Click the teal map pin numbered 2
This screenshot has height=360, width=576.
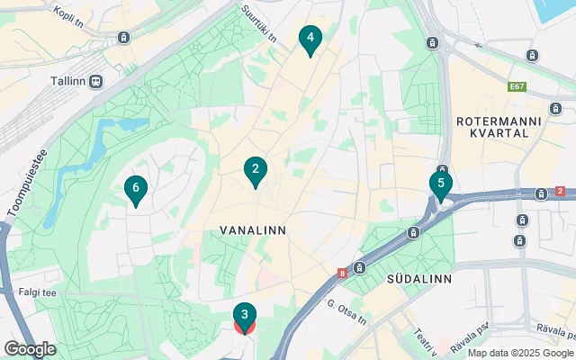tap(256, 169)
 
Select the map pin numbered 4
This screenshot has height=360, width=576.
tap(310, 38)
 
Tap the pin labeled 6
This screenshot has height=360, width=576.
tap(136, 188)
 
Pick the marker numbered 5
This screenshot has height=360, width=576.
tap(440, 184)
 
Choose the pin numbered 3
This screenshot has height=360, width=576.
tap(245, 315)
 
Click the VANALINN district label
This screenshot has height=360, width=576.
tap(253, 230)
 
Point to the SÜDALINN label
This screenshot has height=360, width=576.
tap(418, 279)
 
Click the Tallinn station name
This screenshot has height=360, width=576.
tap(70, 80)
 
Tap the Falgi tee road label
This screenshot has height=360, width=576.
tap(35, 292)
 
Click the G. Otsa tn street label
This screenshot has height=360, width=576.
tap(346, 313)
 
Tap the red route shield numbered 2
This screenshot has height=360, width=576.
tap(560, 192)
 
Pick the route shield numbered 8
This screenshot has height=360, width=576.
tap(343, 273)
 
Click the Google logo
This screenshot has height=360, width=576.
tap(30, 348)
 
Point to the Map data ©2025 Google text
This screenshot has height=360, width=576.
tap(519, 352)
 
